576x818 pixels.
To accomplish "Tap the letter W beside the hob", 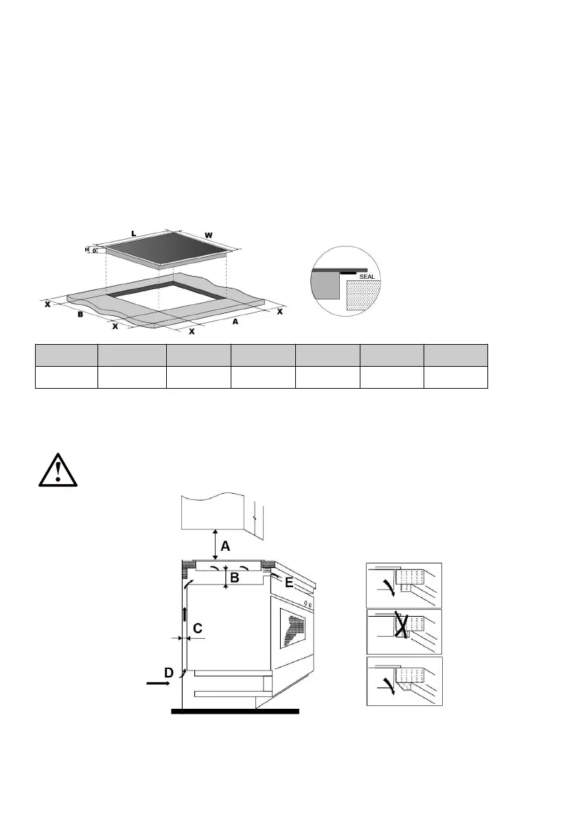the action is click(x=208, y=236).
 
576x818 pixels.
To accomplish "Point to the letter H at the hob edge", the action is click(x=87, y=250).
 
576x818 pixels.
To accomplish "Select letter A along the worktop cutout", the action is click(x=236, y=320).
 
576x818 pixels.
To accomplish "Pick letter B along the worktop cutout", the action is click(x=80, y=315).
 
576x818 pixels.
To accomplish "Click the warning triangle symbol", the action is click(x=59, y=469).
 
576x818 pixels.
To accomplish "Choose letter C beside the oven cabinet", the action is click(x=197, y=628).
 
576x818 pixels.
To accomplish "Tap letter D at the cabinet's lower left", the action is click(x=168, y=670).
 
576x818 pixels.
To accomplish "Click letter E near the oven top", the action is click(x=289, y=583).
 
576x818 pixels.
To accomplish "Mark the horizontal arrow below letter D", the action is click(x=160, y=684).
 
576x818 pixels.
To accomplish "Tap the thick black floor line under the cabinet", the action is click(x=235, y=712).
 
